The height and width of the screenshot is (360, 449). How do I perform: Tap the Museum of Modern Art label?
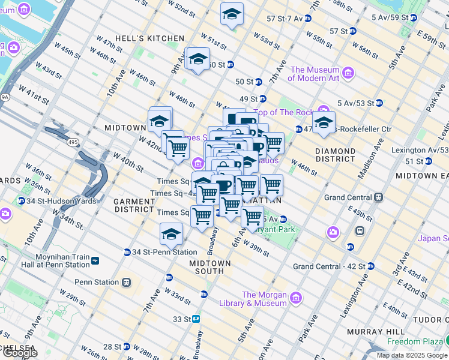pyautogui.click(x=314, y=74)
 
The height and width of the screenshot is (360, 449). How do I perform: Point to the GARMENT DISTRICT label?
pyautogui.click(x=135, y=205)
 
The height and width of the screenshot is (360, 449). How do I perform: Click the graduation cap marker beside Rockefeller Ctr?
pyautogui.click(x=324, y=122)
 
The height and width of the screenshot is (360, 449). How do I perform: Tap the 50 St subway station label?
pyautogui.click(x=245, y=82)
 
